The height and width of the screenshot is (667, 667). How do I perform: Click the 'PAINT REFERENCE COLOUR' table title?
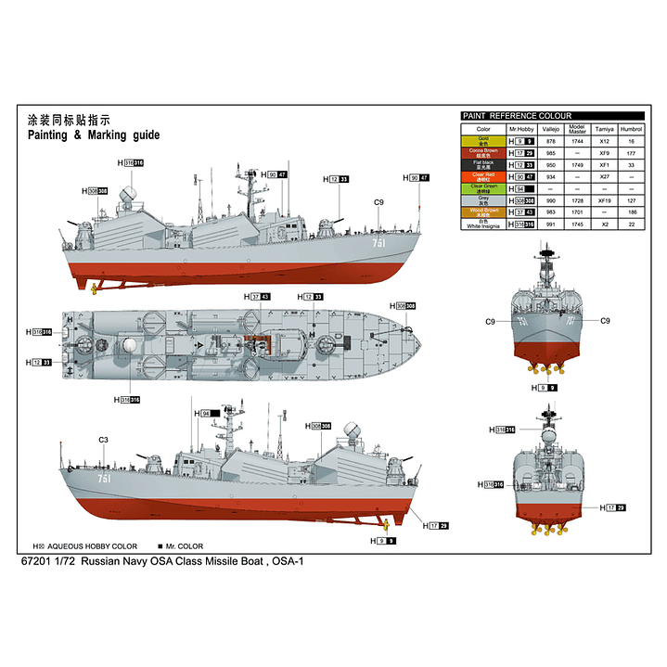pyautogui.click(x=517, y=116)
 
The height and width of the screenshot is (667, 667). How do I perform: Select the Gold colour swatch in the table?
pyautogui.click(x=483, y=140)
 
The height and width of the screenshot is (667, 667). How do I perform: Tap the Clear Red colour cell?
pyautogui.click(x=483, y=176)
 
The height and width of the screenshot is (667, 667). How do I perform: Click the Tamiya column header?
pyautogui.click(x=605, y=128)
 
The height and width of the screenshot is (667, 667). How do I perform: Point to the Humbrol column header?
pyautogui.click(x=631, y=128)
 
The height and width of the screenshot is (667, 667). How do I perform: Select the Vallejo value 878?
pyautogui.click(x=550, y=140)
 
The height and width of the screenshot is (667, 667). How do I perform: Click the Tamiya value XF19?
pyautogui.click(x=605, y=200)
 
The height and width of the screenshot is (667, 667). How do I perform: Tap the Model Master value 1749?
pyautogui.click(x=576, y=164)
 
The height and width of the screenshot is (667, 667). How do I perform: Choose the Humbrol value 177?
pyautogui.click(x=631, y=152)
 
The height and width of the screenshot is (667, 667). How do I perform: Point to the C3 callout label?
pyautogui.click(x=103, y=440)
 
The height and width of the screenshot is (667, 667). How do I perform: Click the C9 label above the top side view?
pyautogui.click(x=378, y=202)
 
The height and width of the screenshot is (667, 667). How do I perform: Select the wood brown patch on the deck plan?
pyautogui.click(x=251, y=340)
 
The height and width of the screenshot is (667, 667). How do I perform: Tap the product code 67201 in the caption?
pyautogui.click(x=42, y=562)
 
